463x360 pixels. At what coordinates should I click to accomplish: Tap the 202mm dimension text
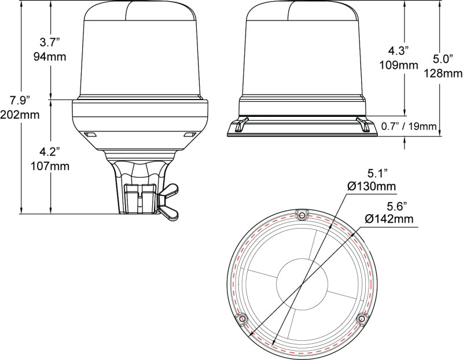[x=20, y=115]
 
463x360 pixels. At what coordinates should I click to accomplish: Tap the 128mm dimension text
[x=443, y=73]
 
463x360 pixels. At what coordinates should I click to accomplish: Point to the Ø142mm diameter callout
[x=389, y=218]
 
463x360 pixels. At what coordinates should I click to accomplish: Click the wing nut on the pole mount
[x=170, y=203]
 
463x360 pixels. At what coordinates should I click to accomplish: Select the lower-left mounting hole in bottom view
[x=241, y=319]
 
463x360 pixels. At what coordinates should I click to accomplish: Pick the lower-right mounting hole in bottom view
[x=362, y=318]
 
